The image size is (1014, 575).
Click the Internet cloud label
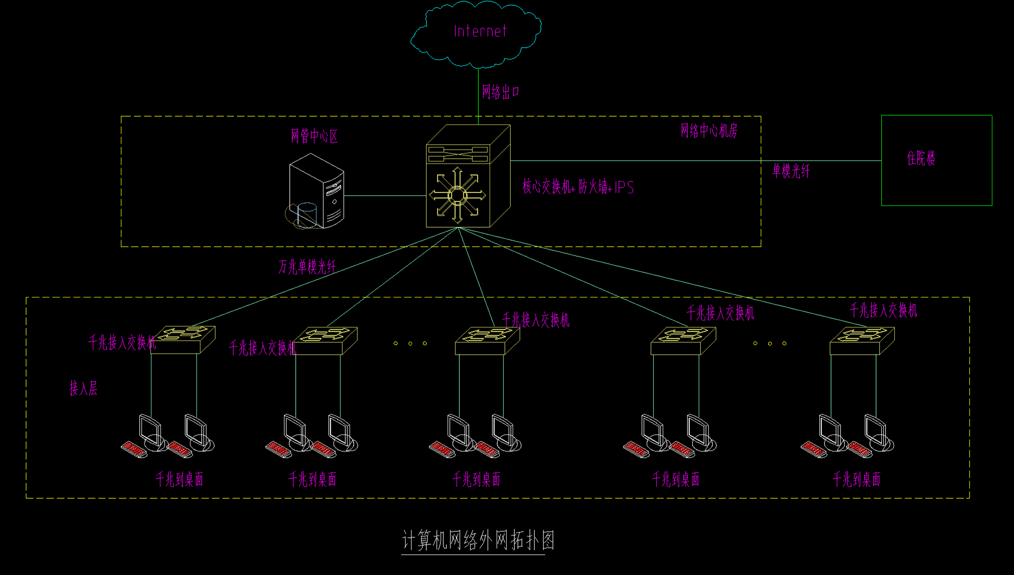tap(480, 31)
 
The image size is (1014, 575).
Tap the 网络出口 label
tap(500, 92)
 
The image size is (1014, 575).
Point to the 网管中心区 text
tap(314, 136)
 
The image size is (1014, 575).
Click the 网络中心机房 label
tap(709, 131)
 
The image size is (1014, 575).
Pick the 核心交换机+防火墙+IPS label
tap(578, 187)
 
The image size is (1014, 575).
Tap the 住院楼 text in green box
tap(921, 158)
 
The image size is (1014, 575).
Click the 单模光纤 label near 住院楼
tap(791, 171)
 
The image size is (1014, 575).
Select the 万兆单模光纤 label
tap(307, 267)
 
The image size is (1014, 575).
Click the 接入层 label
tap(83, 388)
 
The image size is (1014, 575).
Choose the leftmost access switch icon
tap(183, 339)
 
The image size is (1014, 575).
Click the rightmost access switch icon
tap(862, 340)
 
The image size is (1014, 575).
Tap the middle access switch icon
tap(487, 340)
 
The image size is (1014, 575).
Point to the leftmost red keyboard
tap(134, 449)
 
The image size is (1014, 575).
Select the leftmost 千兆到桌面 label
tap(179, 480)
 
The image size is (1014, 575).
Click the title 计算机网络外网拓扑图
tap(478, 540)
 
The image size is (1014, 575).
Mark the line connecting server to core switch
tap(385, 196)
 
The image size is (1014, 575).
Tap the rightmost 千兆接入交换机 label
tap(883, 310)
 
